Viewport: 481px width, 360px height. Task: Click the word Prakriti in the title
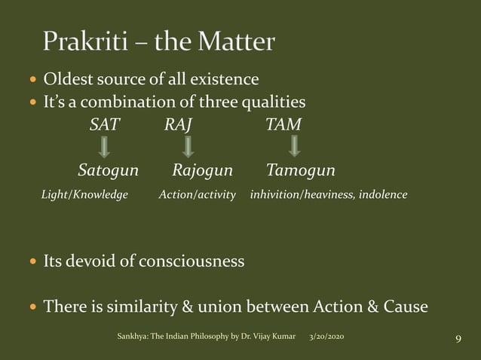coord(84,43)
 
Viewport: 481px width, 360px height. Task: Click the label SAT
coord(104,125)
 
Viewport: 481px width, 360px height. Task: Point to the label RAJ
coord(178,125)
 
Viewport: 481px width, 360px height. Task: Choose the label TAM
coord(283,125)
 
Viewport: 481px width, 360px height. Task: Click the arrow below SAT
coord(106,147)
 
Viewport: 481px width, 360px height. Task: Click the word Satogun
coord(109,170)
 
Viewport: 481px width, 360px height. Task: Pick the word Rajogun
coord(202,170)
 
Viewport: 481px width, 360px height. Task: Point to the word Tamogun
coord(301,170)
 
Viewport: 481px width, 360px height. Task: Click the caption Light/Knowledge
coord(84,195)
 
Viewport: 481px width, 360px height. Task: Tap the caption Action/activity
coord(197,195)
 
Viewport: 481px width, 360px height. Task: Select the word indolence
coord(384,195)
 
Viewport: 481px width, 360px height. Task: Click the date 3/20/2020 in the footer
coord(330,335)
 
